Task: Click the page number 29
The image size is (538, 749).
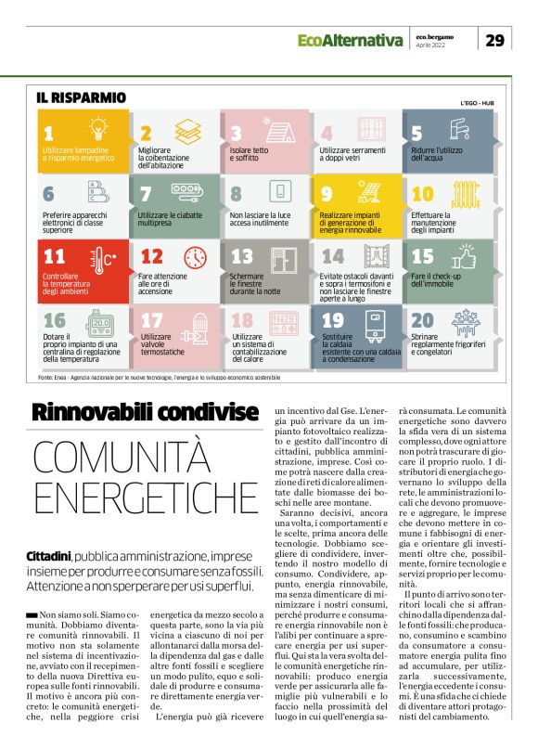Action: [495, 40]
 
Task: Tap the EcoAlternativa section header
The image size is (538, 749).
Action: [350, 40]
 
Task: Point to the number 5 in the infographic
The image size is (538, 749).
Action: [416, 133]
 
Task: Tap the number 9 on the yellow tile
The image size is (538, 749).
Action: [327, 194]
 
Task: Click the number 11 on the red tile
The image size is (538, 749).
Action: [56, 257]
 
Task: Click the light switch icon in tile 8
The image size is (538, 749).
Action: [277, 192]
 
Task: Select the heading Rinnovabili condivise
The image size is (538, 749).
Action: [145, 410]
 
